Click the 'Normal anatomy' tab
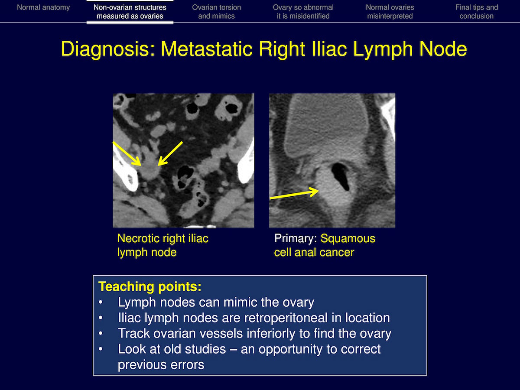pos(43,7)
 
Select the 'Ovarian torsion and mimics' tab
pos(217,12)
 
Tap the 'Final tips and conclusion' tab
pos(476,12)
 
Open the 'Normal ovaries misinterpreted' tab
pos(390,12)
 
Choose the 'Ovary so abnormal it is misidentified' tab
pos(303,12)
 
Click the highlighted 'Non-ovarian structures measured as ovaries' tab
pos(130,12)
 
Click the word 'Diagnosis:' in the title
pos(108,49)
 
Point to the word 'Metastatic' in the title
pos(207,49)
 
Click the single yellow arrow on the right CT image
pos(295,193)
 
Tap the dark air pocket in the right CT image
pos(341,176)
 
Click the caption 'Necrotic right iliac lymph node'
pos(163,245)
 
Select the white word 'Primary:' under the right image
pos(296,239)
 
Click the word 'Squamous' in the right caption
pos(348,239)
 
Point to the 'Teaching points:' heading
pos(150,286)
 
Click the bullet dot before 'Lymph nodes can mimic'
pos(101,302)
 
